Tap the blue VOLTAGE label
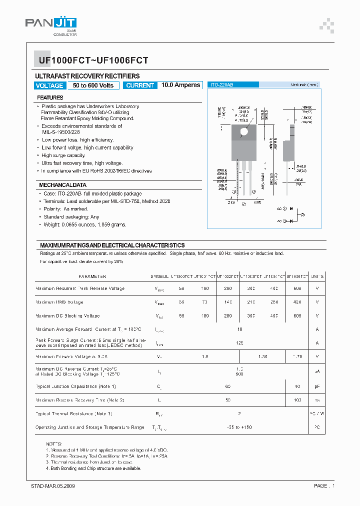click(49, 85)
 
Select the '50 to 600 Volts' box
click(93, 85)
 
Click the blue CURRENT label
click(140, 85)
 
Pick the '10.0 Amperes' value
click(180, 85)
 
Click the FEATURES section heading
click(50, 98)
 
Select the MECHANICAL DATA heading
click(63, 185)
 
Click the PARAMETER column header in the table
click(92, 276)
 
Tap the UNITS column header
click(317, 276)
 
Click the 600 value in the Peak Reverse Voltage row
click(297, 289)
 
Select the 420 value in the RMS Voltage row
click(297, 302)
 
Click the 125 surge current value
click(240, 343)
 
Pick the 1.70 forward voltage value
click(297, 357)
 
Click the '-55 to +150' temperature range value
click(240, 427)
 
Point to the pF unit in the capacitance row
click(317, 387)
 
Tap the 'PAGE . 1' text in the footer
click(324, 485)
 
